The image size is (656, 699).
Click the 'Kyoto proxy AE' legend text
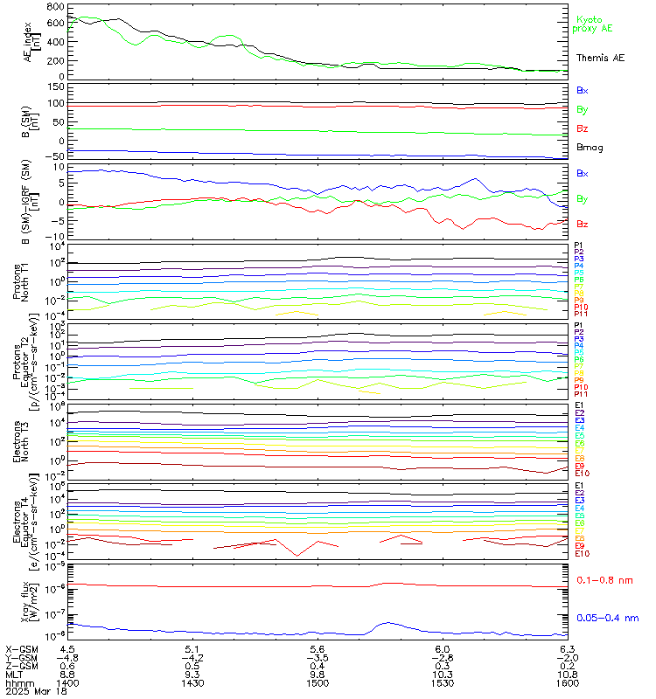click(x=593, y=24)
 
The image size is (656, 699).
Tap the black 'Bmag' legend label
click(x=589, y=148)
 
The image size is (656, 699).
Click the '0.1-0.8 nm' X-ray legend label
click(x=604, y=579)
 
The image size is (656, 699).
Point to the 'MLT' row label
click(x=14, y=674)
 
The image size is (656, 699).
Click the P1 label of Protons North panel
click(x=578, y=246)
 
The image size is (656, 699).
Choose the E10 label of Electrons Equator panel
click(x=582, y=554)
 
